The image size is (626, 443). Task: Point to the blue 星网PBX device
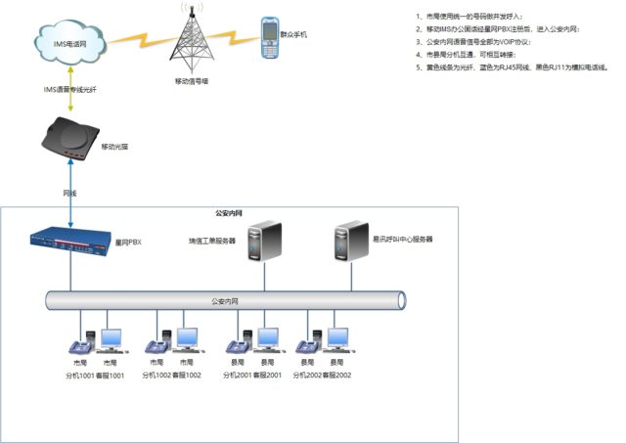point(70,241)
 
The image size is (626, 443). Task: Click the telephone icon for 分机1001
point(77,344)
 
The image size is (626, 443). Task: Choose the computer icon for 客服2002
point(338,339)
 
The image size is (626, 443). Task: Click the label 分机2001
point(238,375)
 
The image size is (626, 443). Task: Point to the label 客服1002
point(187,375)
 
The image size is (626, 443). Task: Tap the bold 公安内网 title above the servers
point(229,213)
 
